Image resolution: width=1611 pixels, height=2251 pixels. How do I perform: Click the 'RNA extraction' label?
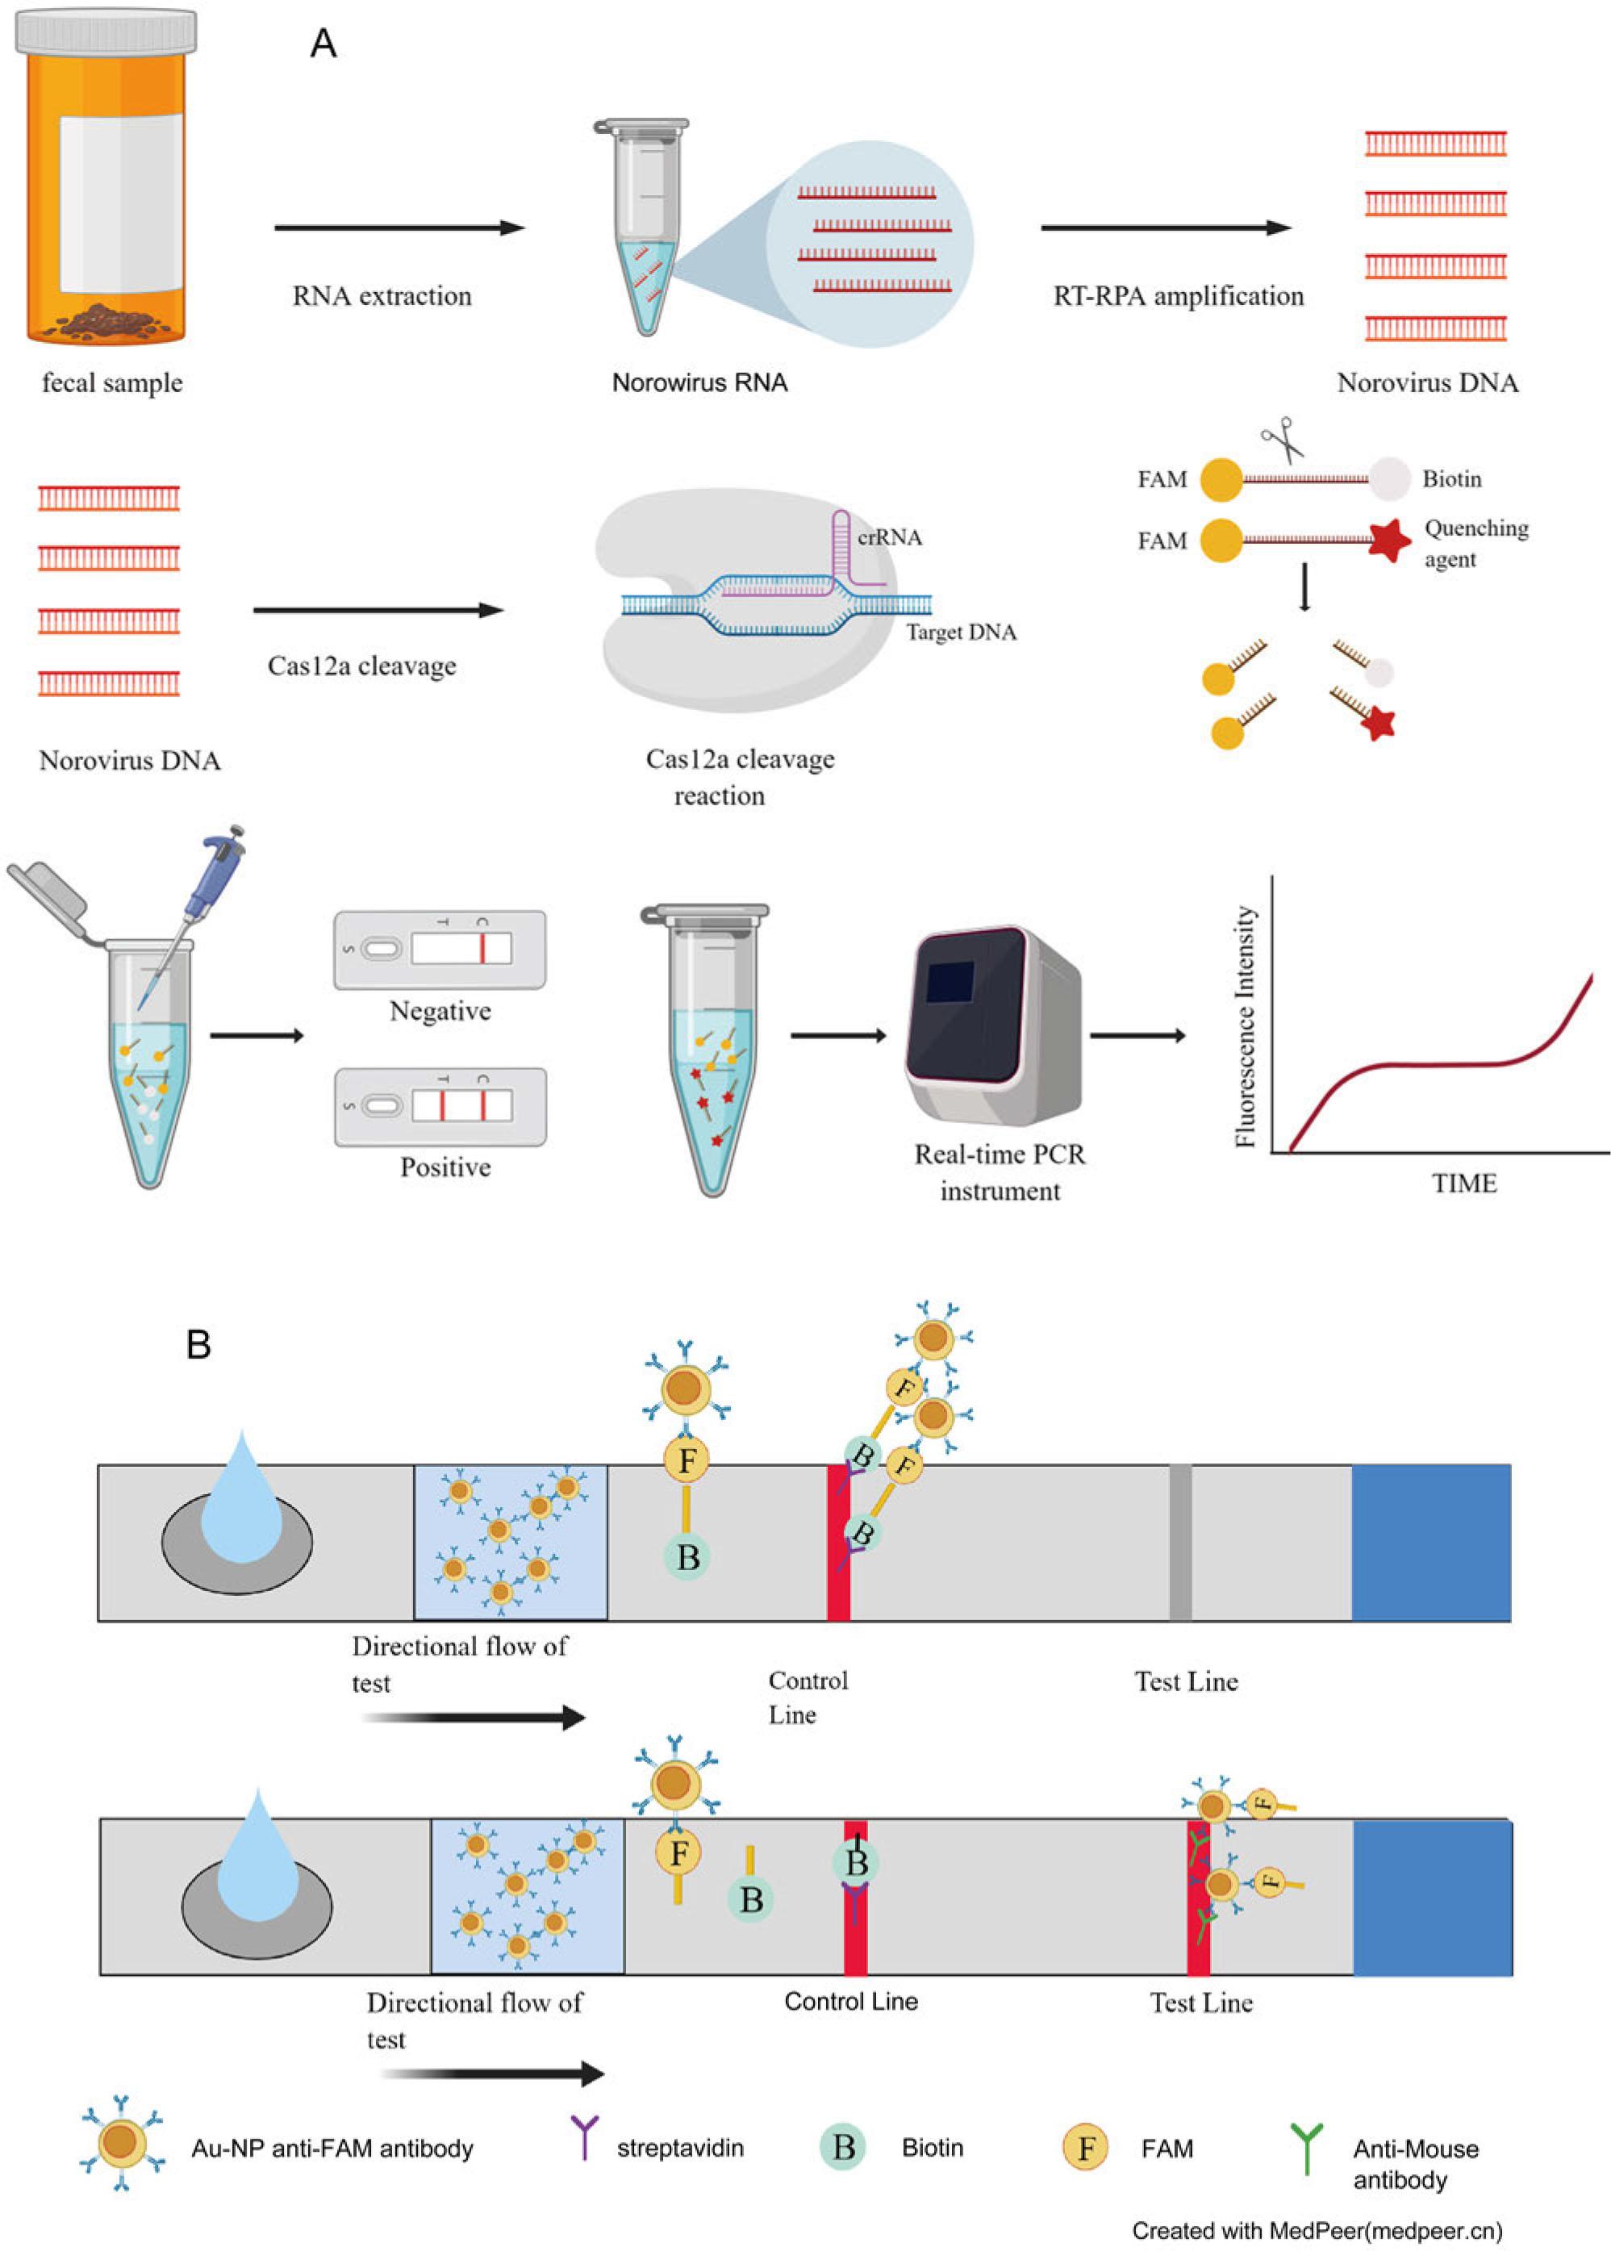[x=382, y=295]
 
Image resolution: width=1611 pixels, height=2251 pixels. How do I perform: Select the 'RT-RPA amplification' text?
[x=1179, y=295]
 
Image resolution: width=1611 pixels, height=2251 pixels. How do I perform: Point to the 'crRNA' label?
[x=890, y=537]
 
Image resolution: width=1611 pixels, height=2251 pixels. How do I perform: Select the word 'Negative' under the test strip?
[x=440, y=1011]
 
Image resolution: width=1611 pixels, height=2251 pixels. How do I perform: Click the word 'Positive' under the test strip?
[x=445, y=1167]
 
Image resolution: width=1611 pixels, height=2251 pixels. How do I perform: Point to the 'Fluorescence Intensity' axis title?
[x=1246, y=1027]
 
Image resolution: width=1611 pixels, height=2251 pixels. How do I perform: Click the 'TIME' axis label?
[x=1464, y=1184]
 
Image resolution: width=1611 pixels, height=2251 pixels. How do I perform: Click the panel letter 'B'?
[x=198, y=1344]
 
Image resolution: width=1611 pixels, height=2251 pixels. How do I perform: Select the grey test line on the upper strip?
[x=1179, y=1543]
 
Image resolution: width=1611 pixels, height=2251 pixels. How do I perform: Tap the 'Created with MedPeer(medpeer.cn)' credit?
[x=1317, y=2230]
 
